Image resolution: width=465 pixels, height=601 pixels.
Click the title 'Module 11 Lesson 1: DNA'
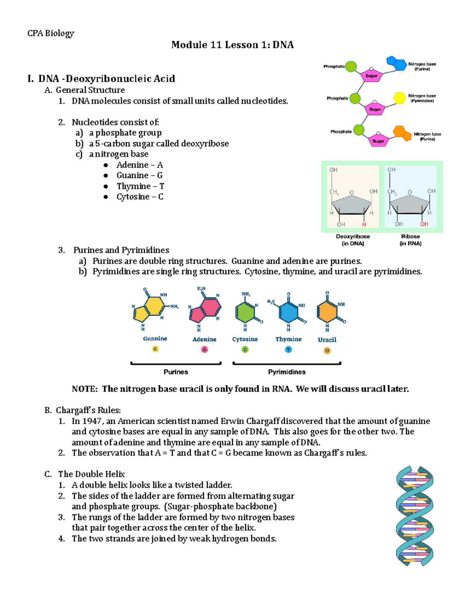(x=232, y=45)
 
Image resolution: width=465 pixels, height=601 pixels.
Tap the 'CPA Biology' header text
(x=50, y=33)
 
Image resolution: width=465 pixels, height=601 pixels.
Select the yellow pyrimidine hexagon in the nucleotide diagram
(x=400, y=98)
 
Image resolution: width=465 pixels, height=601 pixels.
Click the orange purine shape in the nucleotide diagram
(x=402, y=133)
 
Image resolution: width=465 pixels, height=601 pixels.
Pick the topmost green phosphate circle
(x=351, y=67)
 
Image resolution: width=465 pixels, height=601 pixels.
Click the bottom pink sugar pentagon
(x=378, y=140)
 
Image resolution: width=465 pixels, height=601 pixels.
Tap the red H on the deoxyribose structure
(x=364, y=224)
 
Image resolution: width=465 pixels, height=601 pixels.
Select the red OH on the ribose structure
(x=424, y=224)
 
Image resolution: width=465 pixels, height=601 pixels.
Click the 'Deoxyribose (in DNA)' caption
(x=353, y=240)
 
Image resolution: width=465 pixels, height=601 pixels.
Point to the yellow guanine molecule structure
(x=149, y=310)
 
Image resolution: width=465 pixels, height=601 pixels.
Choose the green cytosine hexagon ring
(x=245, y=312)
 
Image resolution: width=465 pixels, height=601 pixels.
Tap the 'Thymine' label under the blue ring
(x=288, y=339)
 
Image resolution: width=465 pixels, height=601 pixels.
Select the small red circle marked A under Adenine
(x=205, y=349)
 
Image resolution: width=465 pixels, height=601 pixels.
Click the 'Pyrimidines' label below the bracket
(x=287, y=372)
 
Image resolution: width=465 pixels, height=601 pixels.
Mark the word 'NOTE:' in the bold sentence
(x=84, y=389)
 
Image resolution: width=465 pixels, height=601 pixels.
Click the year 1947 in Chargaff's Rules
(x=92, y=421)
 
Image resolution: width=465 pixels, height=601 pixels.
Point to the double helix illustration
(x=414, y=516)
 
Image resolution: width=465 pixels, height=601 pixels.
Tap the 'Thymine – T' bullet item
(x=140, y=186)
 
